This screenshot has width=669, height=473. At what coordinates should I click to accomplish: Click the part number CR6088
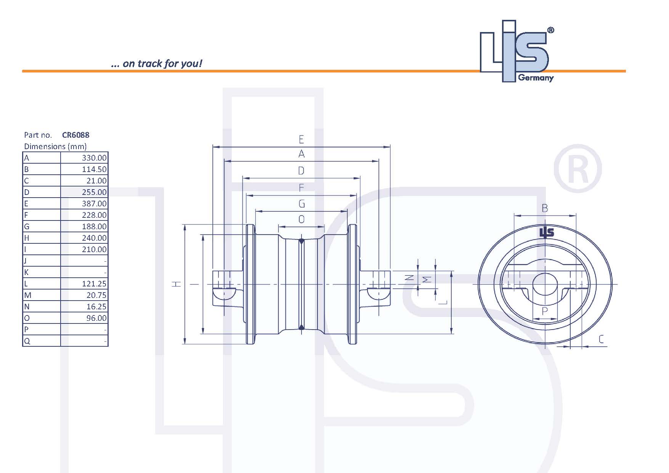pos(75,135)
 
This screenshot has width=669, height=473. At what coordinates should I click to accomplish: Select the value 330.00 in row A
pos(94,158)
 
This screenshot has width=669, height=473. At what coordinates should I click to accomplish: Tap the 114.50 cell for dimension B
pos(94,169)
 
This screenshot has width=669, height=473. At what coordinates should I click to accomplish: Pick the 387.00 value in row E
pos(94,204)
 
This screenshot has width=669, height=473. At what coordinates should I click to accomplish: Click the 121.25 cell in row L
pos(94,284)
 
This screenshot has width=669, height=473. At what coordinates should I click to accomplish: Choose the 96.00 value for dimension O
pos(96,318)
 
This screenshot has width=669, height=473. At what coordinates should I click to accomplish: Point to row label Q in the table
pos(27,341)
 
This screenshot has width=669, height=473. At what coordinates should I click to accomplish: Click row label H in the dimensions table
pos(27,238)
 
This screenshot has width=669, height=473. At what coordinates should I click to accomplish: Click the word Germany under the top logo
pos(536,78)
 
